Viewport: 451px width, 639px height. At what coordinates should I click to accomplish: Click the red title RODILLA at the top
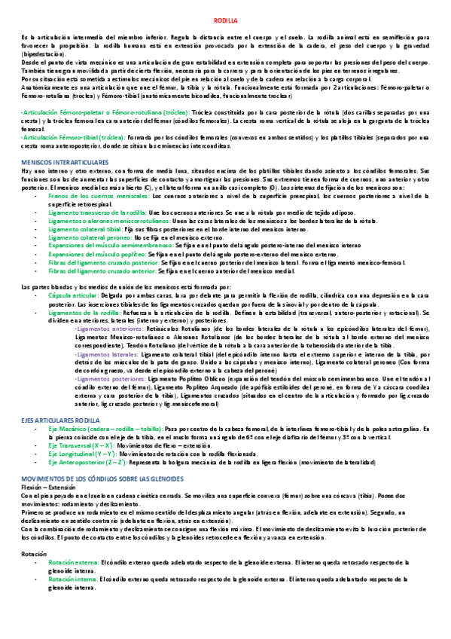coord(225,23)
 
